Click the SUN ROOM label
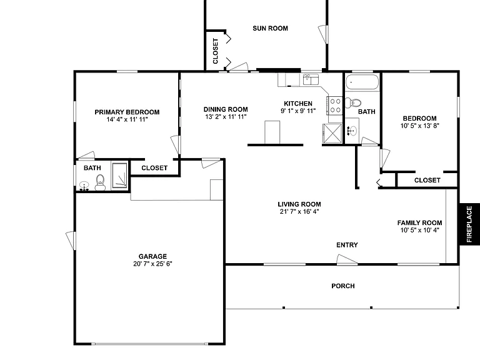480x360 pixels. pyautogui.click(x=270, y=29)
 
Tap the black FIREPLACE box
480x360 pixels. pyautogui.click(x=469, y=224)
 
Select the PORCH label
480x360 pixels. pyautogui.click(x=343, y=286)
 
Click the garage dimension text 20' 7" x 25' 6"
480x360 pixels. pyautogui.click(x=152, y=264)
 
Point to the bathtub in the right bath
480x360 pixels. pyautogui.click(x=362, y=82)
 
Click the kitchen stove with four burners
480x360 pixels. pyautogui.click(x=334, y=106)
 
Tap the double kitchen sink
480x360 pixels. pyautogui.click(x=311, y=79)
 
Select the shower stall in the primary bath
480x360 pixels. pyautogui.click(x=119, y=176)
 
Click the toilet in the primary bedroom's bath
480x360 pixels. pyautogui.click(x=100, y=182)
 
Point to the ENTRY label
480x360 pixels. pyautogui.click(x=347, y=245)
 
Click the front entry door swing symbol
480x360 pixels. pyautogui.click(x=347, y=259)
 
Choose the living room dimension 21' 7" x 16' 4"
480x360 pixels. pyautogui.click(x=299, y=211)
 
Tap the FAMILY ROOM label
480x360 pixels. pyautogui.click(x=420, y=223)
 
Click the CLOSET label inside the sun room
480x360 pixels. pyautogui.click(x=216, y=51)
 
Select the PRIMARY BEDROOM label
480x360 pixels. pyautogui.click(x=127, y=112)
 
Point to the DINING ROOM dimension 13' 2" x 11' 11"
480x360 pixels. pyautogui.click(x=226, y=117)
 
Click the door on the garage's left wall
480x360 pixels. pyautogui.click(x=71, y=241)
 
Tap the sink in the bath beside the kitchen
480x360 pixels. pyautogui.click(x=352, y=131)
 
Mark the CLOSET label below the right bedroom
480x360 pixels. pyautogui.click(x=427, y=180)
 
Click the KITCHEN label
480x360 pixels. pyautogui.click(x=298, y=104)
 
